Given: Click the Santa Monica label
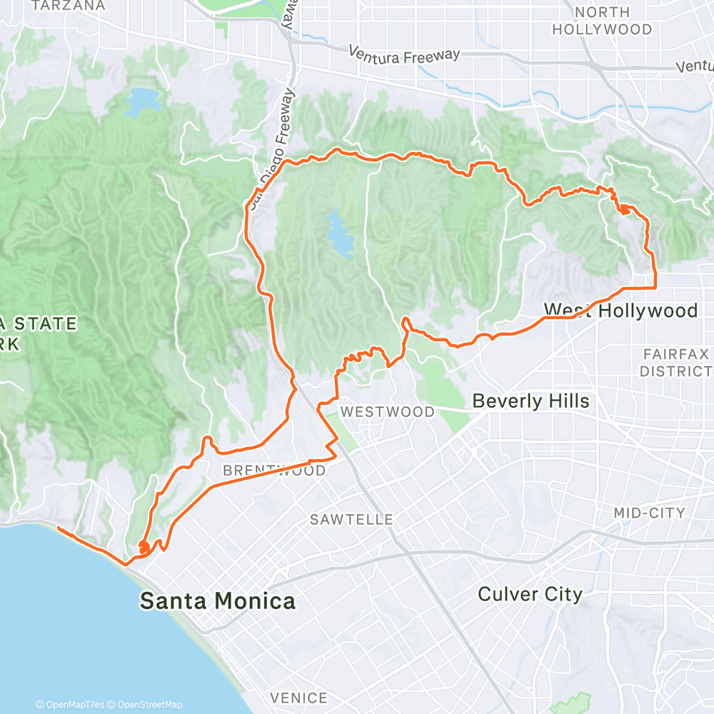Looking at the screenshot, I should tap(217, 601).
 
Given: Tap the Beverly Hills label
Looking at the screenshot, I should tap(531, 401).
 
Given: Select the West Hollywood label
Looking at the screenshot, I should tap(620, 311).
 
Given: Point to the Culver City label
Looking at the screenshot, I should tap(530, 594).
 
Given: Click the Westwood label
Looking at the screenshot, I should tap(387, 412).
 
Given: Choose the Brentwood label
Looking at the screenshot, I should tap(274, 471).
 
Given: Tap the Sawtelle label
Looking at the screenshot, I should tap(351, 520).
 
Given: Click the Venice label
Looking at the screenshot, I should tap(298, 698).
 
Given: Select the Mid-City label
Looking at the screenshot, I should tap(649, 513).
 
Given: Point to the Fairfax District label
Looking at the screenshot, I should tap(675, 363).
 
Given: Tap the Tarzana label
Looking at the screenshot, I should tap(69, 6).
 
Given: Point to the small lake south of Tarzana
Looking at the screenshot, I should tap(143, 101).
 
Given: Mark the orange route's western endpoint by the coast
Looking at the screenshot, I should tap(57, 530).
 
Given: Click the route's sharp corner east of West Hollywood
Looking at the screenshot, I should tap(655, 287).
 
